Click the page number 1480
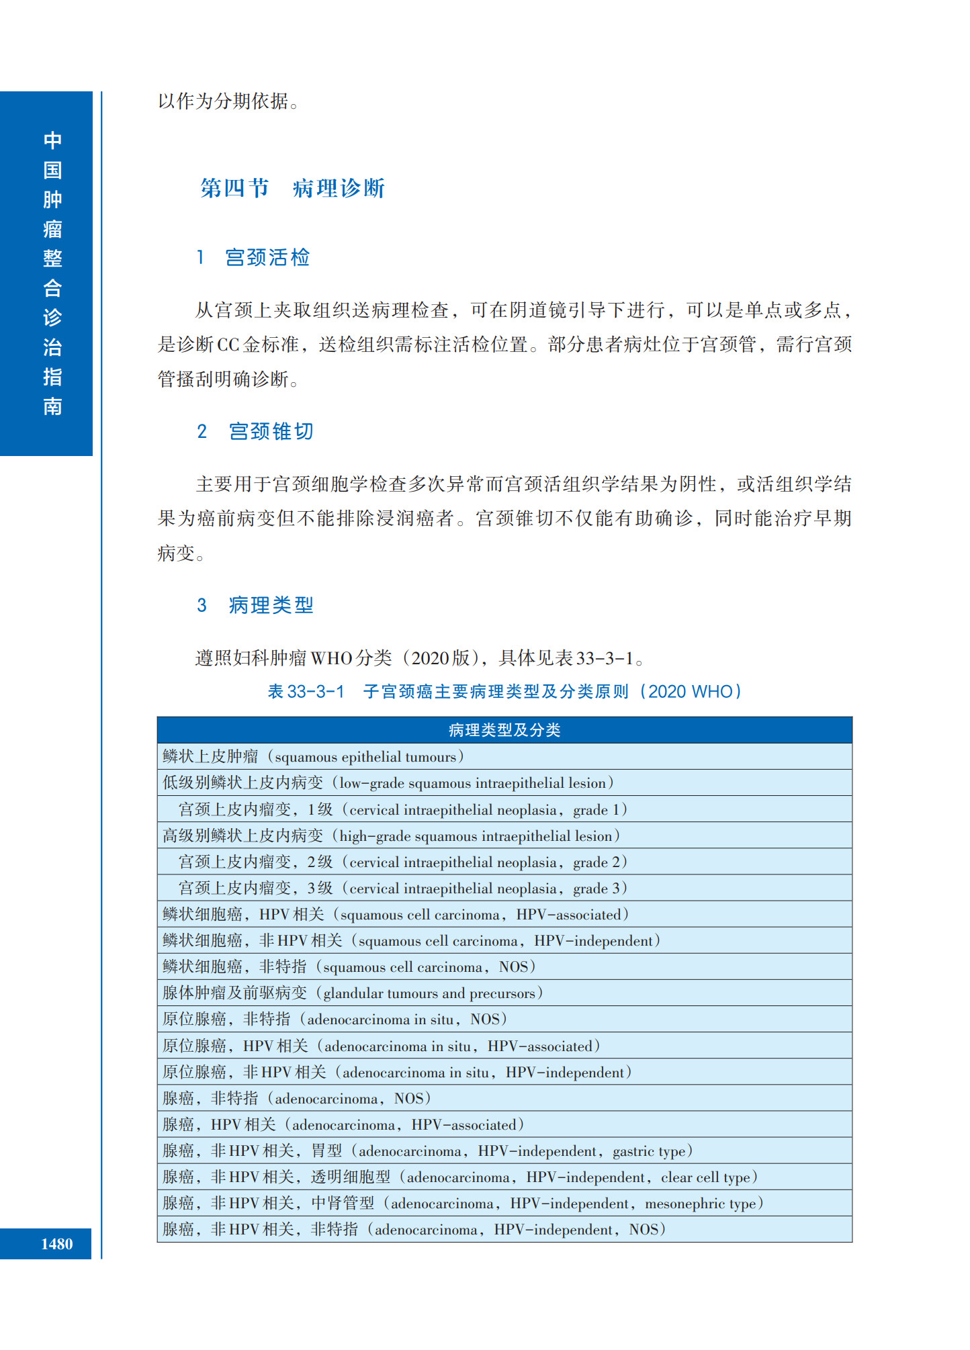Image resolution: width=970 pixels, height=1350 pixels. point(56,1244)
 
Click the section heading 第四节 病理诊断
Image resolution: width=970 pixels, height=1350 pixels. point(292,188)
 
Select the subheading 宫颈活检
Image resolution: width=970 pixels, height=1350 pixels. point(267,258)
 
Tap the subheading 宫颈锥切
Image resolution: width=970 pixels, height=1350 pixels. point(270,432)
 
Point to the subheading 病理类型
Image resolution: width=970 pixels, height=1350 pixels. point(270,605)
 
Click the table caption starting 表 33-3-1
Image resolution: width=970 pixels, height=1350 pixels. point(504,692)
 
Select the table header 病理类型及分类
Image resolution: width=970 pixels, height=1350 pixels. point(504,730)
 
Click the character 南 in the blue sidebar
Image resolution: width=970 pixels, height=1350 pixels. point(52,406)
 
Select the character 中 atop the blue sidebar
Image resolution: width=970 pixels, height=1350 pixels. point(52,140)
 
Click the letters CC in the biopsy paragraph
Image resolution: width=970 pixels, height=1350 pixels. point(228,345)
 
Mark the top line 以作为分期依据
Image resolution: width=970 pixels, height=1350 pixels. point(228,101)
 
